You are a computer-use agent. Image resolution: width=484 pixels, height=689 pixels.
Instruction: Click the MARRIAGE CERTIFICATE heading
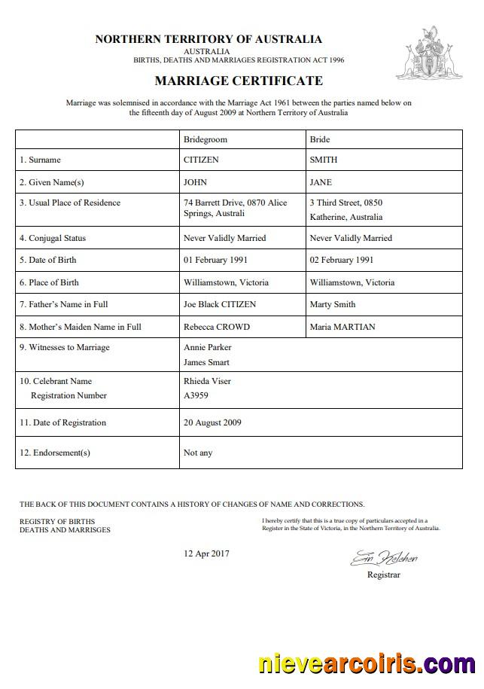[239, 81]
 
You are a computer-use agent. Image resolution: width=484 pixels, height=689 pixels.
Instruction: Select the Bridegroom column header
[205, 139]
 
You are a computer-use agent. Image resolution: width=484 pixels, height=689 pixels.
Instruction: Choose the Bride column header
[320, 139]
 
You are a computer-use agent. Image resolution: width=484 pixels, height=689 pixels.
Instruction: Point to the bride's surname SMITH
[324, 160]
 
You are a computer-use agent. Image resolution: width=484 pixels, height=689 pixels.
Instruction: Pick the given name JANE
[321, 182]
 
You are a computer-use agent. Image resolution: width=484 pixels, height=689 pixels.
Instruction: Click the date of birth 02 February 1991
[342, 260]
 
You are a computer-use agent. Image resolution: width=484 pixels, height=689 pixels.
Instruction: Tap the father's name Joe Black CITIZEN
[220, 304]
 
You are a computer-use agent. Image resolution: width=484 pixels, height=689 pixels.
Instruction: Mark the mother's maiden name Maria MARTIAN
[343, 327]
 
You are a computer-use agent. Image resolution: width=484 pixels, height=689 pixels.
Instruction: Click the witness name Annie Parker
[208, 347]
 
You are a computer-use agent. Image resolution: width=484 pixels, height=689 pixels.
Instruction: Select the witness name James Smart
[207, 362]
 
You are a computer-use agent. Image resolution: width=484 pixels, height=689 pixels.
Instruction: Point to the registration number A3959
[196, 395]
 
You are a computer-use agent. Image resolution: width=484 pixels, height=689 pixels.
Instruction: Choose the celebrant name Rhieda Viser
[207, 381]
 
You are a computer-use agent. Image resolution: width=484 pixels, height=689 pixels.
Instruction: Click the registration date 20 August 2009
[212, 422]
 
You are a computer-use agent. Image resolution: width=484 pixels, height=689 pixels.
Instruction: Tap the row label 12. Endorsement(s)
[55, 453]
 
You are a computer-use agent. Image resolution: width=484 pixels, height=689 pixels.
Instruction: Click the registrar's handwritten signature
[383, 558]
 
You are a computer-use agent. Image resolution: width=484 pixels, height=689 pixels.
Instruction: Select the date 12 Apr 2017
[206, 553]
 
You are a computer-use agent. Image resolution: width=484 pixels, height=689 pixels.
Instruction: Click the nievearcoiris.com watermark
[367, 664]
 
